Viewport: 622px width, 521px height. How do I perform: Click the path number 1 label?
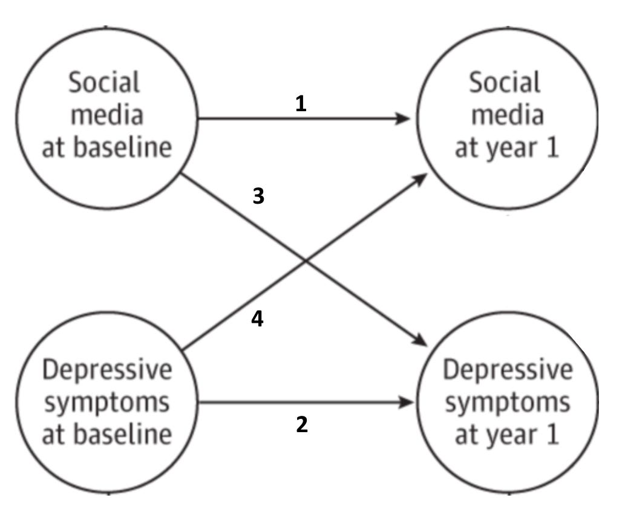tap(301, 104)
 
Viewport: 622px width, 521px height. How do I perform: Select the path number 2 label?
tap(302, 425)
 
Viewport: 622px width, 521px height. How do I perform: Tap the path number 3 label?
tap(258, 196)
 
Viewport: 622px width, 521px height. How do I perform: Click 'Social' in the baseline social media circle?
tap(103, 83)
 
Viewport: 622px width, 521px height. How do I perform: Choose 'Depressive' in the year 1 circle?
tap(507, 369)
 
